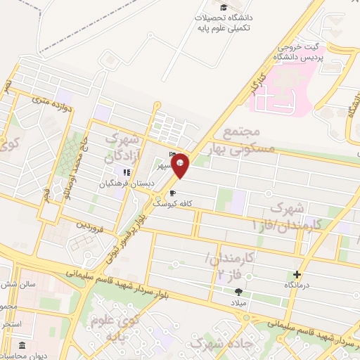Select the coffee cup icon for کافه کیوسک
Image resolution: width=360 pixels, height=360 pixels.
coord(172,193)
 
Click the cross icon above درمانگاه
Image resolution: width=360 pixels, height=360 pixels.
coord(297,274)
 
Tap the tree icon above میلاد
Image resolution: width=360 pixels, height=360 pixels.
coord(238,291)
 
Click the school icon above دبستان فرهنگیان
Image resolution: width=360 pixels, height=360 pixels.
coord(127,172)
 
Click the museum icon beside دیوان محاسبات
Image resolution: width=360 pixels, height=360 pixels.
coord(22,346)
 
